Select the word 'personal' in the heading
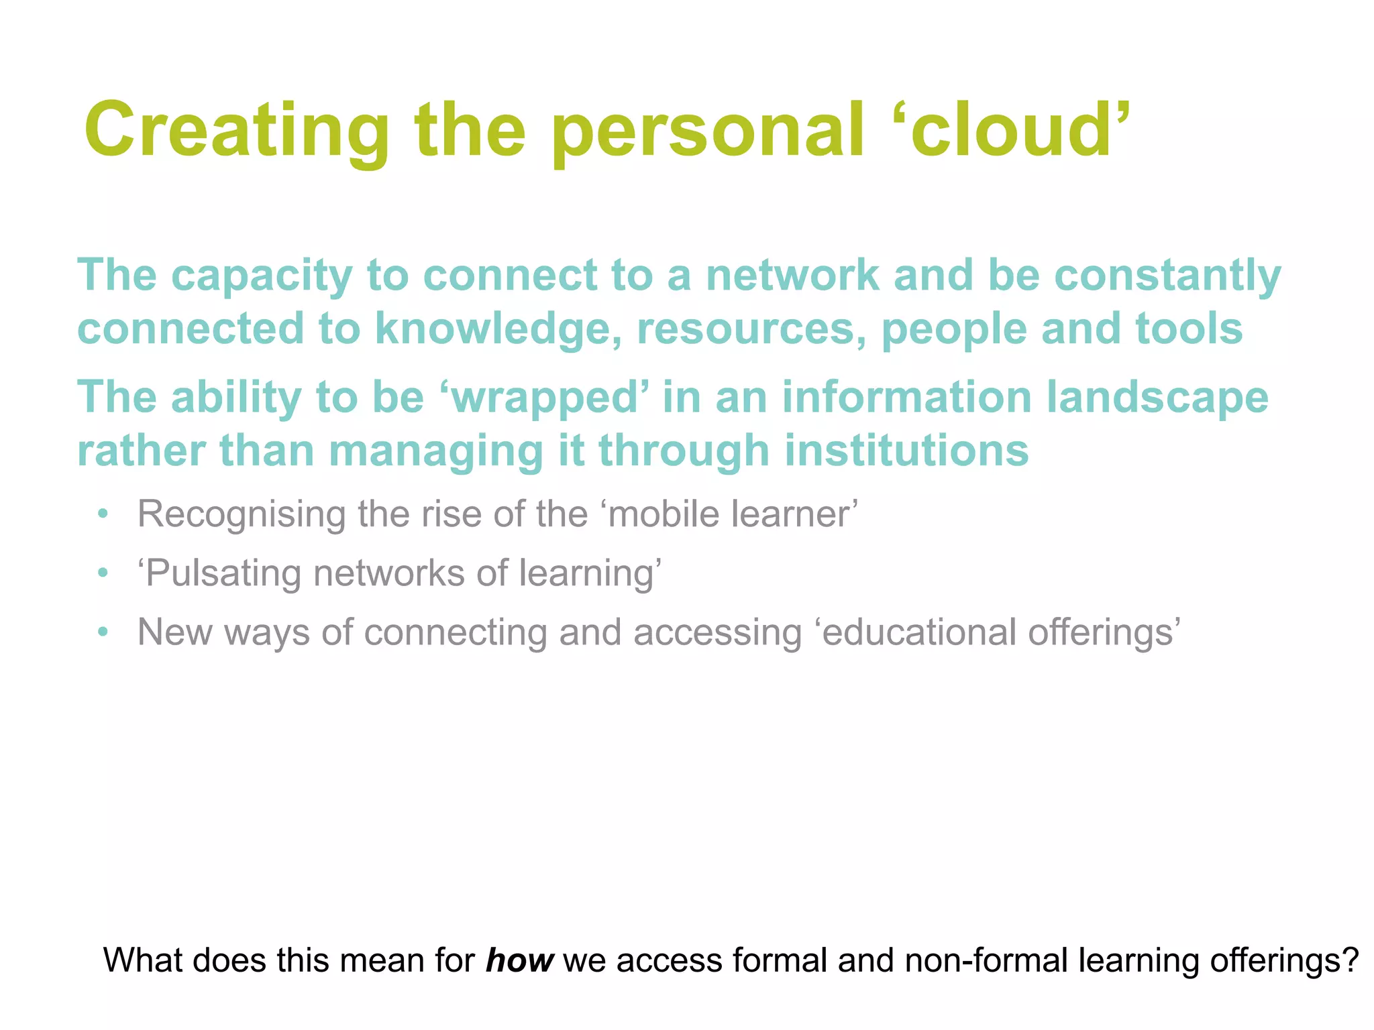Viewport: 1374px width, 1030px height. click(x=708, y=131)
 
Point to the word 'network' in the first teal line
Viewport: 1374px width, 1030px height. click(x=792, y=275)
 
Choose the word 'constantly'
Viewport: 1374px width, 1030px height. click(x=1167, y=276)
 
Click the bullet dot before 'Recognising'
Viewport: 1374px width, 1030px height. click(x=102, y=515)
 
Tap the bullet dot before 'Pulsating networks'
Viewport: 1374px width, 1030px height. click(x=102, y=574)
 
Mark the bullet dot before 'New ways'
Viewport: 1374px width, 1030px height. click(x=102, y=632)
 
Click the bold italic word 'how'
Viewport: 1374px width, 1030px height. click(x=519, y=960)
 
